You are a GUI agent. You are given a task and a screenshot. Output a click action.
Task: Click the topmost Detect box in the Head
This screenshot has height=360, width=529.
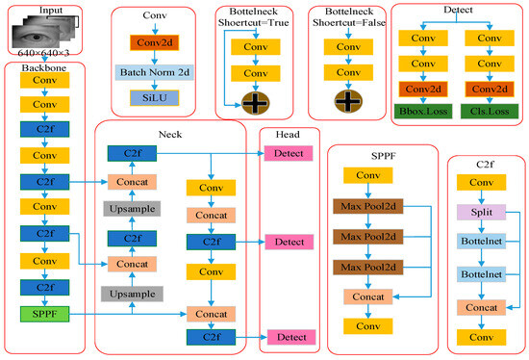tap(290, 154)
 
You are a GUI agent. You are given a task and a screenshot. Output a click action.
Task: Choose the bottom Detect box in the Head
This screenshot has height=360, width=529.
tap(290, 336)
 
